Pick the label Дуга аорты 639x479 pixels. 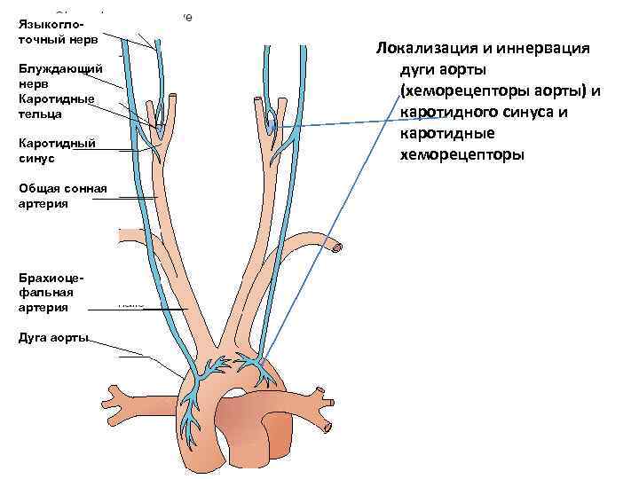pos(52,338)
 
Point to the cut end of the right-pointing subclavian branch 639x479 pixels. pos(335,249)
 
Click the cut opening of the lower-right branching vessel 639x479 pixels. pos(329,428)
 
